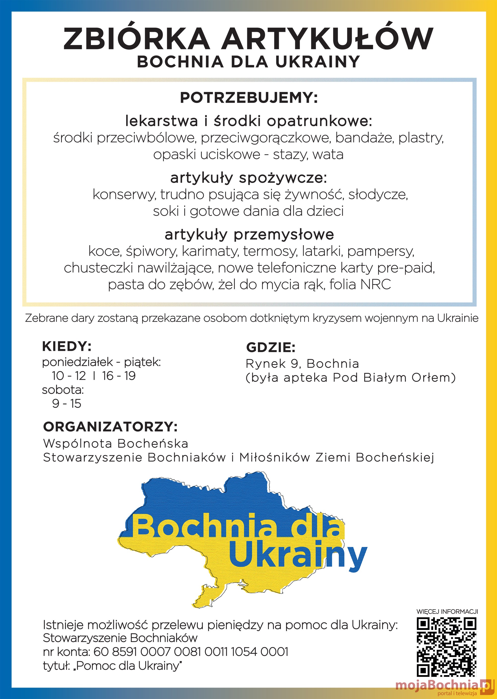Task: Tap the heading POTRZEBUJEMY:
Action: pos(248,98)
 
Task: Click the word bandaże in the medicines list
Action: pos(365,138)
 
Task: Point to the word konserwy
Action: pos(124,195)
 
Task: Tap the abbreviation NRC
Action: pos(375,284)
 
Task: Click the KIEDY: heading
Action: pos(67,346)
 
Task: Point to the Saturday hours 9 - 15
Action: pos(66,404)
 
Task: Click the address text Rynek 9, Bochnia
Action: pos(302,364)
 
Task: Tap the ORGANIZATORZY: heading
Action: pos(110,426)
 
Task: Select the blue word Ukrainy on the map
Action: pos(297,555)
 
